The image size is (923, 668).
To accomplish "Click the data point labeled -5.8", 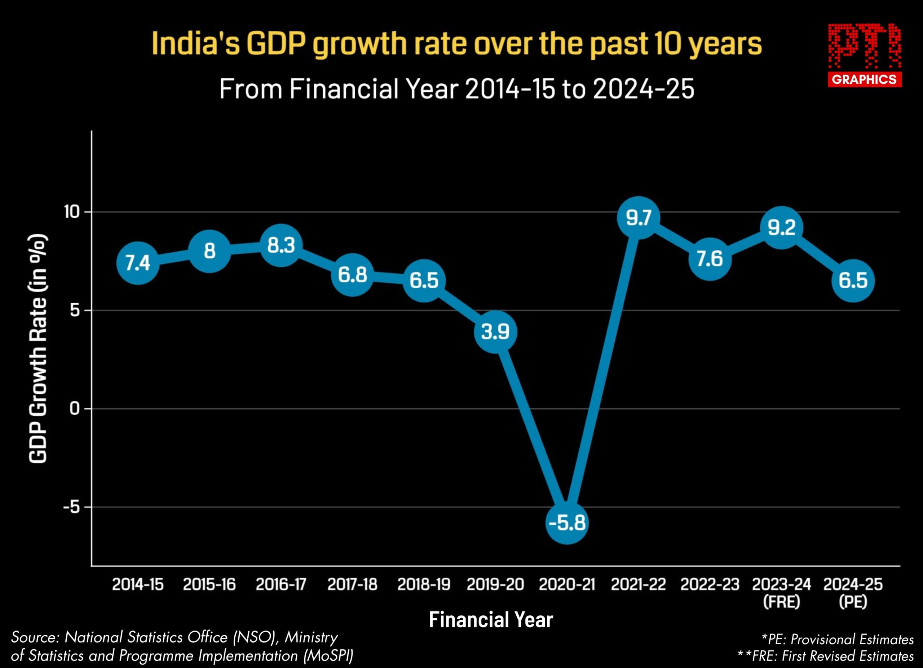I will [x=567, y=523].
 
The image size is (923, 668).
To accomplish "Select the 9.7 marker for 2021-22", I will [x=639, y=218].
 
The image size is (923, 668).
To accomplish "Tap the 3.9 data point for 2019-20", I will [x=495, y=332].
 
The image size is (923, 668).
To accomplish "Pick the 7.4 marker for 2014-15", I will [x=138, y=263].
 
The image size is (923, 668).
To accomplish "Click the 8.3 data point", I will [x=281, y=245].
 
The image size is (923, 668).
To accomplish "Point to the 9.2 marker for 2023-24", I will [x=781, y=227].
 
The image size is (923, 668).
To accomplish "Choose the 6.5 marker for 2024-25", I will [x=853, y=281].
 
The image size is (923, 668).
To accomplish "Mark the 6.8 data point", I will [x=352, y=275].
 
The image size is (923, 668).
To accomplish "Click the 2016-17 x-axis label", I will [x=281, y=585].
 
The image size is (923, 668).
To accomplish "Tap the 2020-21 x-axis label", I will [x=567, y=585].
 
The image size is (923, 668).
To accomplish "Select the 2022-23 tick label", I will [x=710, y=585].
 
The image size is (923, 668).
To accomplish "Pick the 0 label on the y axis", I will [x=75, y=409].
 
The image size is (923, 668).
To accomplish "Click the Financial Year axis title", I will [x=491, y=620].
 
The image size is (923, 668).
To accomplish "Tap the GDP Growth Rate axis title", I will [x=38, y=349].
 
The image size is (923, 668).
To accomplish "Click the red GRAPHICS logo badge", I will [x=864, y=79].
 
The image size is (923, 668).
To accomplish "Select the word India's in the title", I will [x=196, y=44].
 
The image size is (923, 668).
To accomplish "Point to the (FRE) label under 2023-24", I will [x=781, y=602].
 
